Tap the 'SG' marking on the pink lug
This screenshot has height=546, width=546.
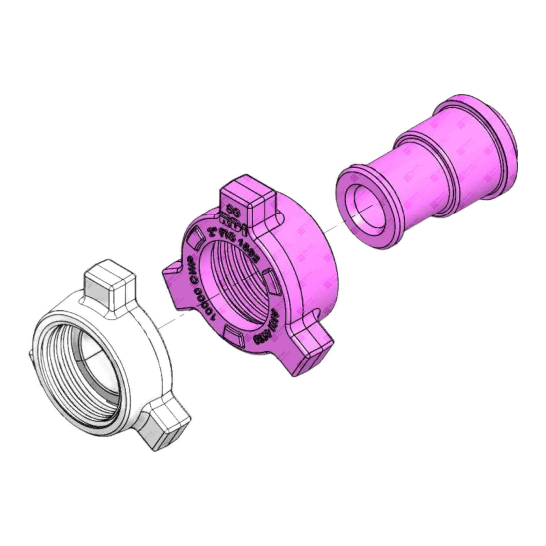click(233, 209)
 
